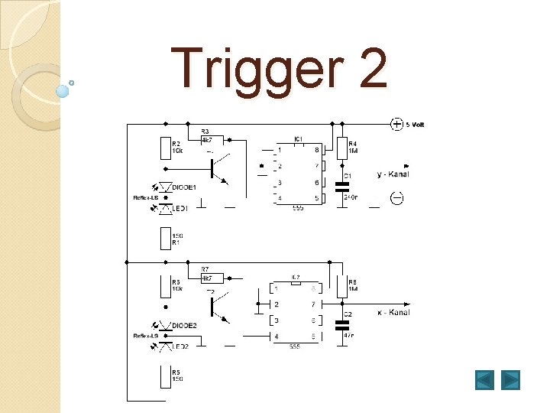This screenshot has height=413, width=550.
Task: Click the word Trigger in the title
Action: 252,69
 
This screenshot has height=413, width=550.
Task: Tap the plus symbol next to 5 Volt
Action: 396,123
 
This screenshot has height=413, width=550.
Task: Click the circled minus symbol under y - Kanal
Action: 397,199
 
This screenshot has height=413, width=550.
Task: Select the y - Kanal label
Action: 393,174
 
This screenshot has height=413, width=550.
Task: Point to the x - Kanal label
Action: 393,312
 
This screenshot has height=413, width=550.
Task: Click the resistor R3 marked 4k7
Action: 212,140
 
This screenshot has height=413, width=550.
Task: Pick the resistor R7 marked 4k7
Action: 212,278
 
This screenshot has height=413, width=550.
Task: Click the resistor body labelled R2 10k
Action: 165,147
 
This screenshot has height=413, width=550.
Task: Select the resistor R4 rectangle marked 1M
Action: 341,147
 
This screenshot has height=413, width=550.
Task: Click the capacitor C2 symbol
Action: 341,323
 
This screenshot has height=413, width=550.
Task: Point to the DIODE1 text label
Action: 184,187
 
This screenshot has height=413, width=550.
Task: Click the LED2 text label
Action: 181,347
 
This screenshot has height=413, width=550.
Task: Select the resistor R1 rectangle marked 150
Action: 165,238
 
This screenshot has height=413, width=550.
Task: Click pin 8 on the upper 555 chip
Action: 316,150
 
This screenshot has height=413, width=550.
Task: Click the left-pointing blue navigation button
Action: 484,379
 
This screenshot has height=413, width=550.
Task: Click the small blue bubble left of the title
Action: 63,91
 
